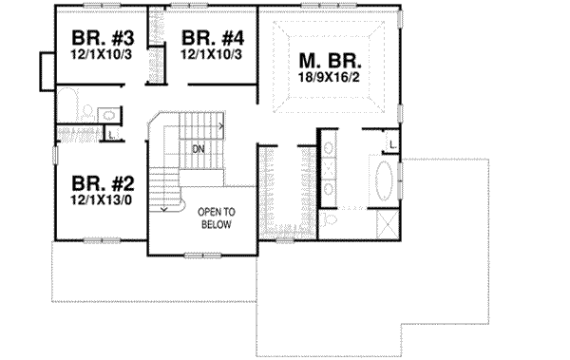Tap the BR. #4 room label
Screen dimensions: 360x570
coord(214,39)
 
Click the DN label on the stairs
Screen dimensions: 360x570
coord(198,149)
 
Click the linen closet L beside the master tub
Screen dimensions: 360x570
coord(392,144)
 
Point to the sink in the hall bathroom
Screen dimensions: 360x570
coord(109,116)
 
